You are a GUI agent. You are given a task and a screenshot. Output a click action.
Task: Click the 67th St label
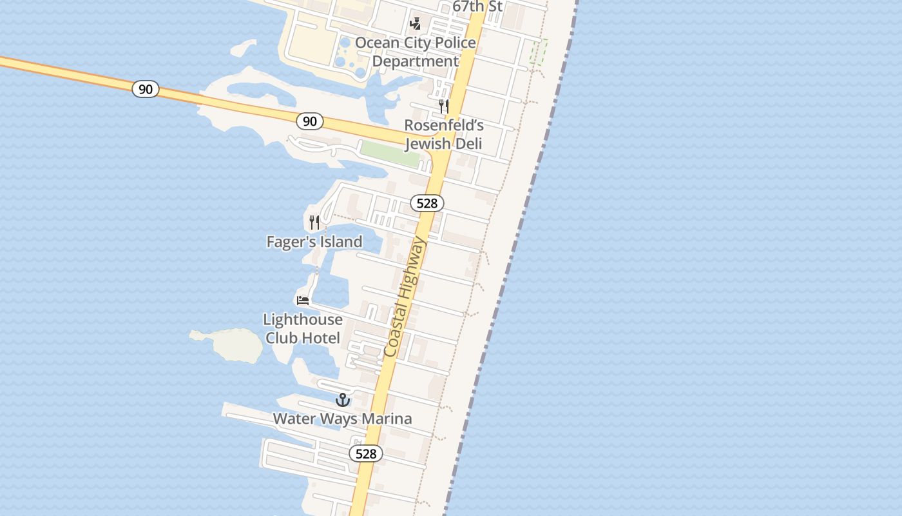[x=477, y=6]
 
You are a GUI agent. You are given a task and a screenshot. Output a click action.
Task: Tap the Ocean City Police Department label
[x=416, y=52]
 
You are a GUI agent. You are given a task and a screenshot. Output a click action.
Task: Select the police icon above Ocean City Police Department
[x=416, y=25]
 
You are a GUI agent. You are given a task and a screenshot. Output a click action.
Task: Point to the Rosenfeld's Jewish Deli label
[x=443, y=134]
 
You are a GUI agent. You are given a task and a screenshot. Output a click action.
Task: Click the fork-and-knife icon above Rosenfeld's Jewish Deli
[x=444, y=106]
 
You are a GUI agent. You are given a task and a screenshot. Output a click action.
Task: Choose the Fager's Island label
[x=314, y=242]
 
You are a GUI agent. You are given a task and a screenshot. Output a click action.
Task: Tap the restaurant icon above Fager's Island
[x=314, y=223]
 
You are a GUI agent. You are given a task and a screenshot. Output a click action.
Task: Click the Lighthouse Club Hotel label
[x=302, y=328]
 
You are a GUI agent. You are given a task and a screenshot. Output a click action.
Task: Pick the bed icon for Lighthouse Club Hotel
[x=303, y=301]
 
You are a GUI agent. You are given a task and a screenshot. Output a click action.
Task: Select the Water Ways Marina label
[x=342, y=419]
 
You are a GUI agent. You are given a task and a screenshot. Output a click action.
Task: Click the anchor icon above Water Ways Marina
[x=343, y=400]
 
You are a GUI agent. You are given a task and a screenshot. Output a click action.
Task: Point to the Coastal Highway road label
[x=405, y=297]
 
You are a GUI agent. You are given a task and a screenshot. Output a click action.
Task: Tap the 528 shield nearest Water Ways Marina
[x=366, y=453]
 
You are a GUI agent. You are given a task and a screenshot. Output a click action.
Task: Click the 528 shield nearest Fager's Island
[x=427, y=204]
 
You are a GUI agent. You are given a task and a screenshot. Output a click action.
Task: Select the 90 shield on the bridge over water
[x=146, y=89]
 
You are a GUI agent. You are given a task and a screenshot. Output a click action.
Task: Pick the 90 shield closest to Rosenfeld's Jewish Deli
[x=310, y=121]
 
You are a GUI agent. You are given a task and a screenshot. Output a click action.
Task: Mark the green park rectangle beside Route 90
[x=390, y=154]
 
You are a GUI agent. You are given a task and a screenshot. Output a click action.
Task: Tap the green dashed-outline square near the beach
[x=539, y=52]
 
